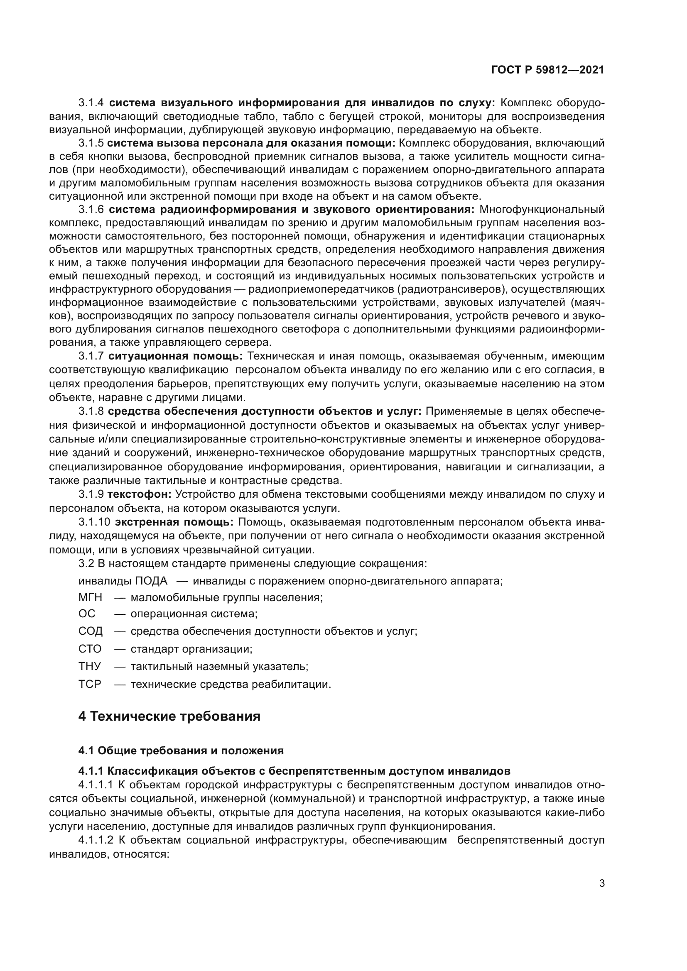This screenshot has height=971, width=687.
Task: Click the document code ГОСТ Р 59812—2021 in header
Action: [x=548, y=70]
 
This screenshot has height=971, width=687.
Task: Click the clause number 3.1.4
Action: [x=91, y=103]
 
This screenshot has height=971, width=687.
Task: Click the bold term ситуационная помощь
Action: [x=176, y=356]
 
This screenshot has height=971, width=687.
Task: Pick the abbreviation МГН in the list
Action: [x=90, y=597]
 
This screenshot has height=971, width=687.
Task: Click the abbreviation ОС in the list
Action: [x=87, y=614]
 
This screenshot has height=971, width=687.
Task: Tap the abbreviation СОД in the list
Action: [x=90, y=631]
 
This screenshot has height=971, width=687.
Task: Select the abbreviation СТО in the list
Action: [x=90, y=649]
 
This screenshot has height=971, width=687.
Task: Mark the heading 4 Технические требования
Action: [x=169, y=717]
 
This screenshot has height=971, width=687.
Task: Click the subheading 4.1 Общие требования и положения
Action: [x=181, y=751]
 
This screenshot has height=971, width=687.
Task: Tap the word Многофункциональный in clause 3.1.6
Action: [x=542, y=209]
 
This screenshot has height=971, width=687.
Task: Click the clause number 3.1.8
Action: [x=91, y=411]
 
